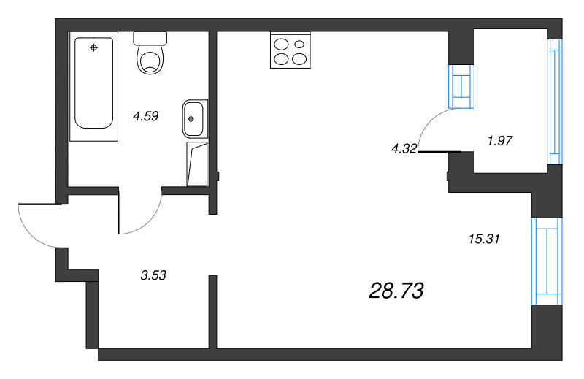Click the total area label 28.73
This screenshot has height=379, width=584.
click(x=396, y=291)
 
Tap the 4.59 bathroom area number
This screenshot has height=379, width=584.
click(x=145, y=115)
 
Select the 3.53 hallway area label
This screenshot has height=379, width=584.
click(x=153, y=275)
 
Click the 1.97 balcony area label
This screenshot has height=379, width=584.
click(x=500, y=141)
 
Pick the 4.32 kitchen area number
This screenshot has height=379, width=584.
click(x=404, y=148)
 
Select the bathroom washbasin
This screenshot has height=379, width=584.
click(x=194, y=117)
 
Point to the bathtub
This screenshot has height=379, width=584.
click(x=93, y=84)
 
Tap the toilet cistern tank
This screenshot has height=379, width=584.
click(x=152, y=37)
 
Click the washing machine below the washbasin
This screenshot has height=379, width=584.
click(x=197, y=164)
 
